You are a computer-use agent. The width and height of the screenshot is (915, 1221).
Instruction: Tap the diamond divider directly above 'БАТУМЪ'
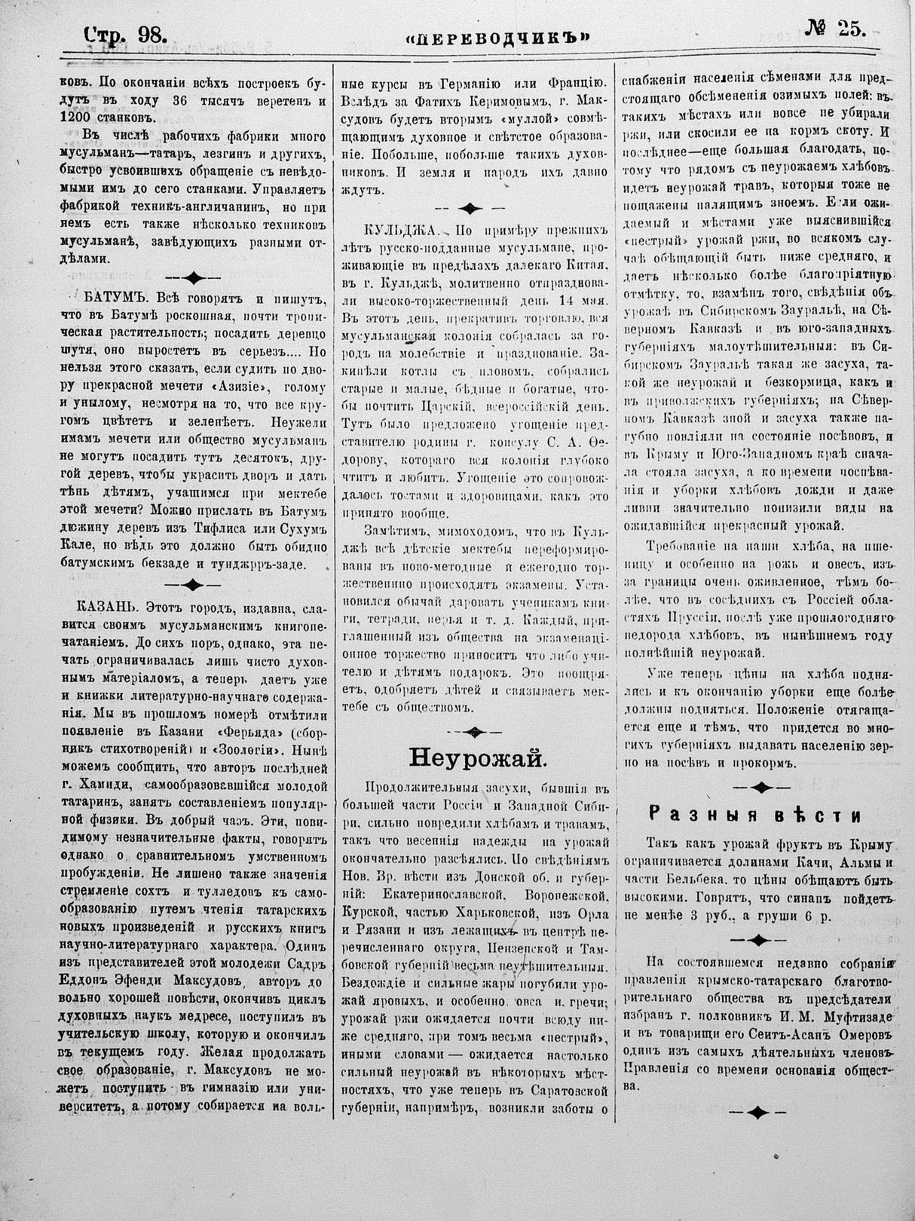coord(192,276)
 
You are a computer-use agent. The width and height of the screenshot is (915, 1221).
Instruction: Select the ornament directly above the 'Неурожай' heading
coord(473,730)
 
